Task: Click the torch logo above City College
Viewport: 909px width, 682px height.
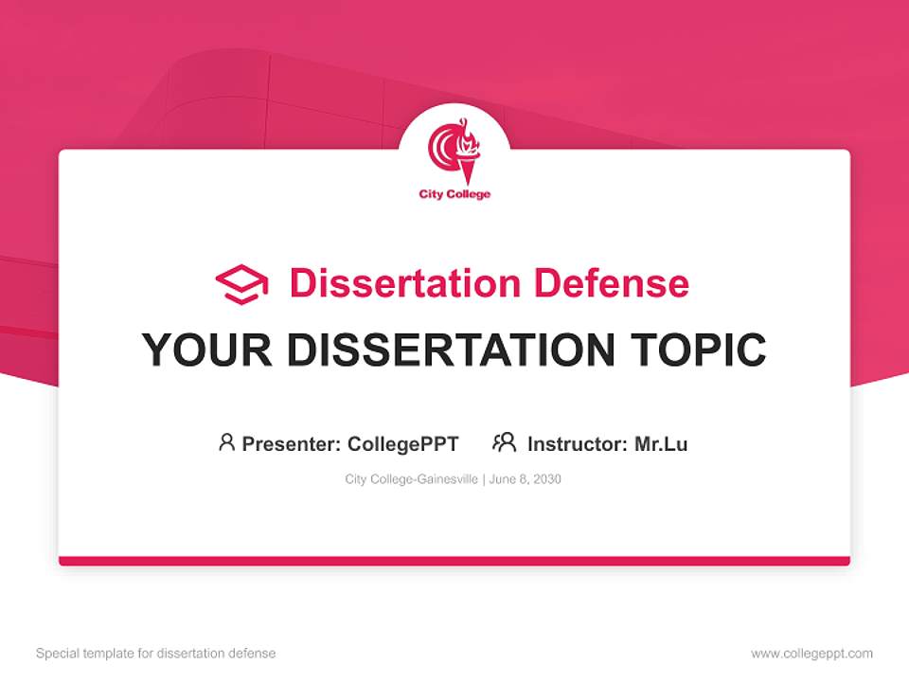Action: [x=454, y=152]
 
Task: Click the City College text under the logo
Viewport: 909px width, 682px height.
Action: [x=454, y=195]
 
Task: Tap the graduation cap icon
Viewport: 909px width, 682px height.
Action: [x=241, y=284]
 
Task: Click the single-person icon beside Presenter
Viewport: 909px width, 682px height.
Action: [x=226, y=442]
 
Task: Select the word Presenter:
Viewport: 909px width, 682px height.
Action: [x=291, y=444]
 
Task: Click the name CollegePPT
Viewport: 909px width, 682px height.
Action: [x=403, y=444]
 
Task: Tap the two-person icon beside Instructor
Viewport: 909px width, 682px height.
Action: [x=504, y=442]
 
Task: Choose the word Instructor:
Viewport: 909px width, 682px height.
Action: [x=577, y=444]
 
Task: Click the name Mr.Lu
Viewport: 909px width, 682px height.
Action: [x=661, y=444]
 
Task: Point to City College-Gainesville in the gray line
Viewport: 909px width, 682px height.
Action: [x=412, y=479]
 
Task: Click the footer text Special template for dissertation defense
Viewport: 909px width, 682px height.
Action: [x=155, y=654]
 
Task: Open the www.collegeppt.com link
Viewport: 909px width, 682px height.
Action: [x=811, y=654]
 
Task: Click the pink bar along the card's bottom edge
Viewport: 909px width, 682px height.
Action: [x=454, y=561]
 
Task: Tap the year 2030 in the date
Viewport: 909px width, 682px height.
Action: [x=546, y=479]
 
